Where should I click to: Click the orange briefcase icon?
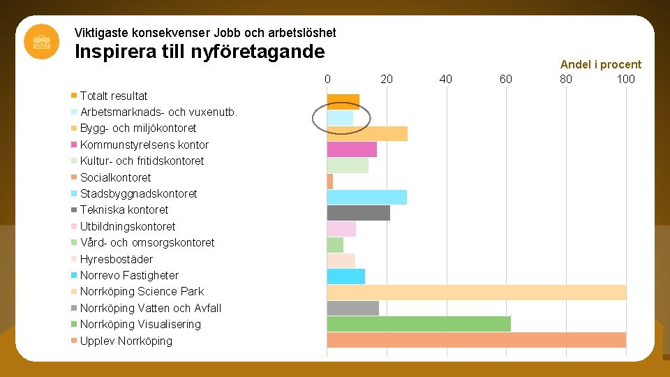(x=41, y=41)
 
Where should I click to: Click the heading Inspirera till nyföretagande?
(x=199, y=52)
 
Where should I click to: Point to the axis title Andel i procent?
(x=600, y=64)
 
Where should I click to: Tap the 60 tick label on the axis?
(x=505, y=79)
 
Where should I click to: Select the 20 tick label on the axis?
(x=387, y=79)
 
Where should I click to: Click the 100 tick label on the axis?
(x=625, y=79)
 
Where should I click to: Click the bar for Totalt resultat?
(x=343, y=101)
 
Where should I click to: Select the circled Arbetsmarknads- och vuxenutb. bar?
(x=340, y=118)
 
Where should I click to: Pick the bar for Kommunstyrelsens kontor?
(x=352, y=149)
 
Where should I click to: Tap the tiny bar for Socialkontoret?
(x=330, y=182)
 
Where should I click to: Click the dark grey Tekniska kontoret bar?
(x=358, y=213)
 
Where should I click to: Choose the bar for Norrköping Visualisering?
(x=419, y=324)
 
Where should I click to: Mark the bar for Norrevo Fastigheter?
(x=345, y=276)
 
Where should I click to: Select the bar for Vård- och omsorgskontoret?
(x=335, y=245)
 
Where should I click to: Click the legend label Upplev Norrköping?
(x=126, y=341)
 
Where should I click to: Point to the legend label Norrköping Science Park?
(x=142, y=291)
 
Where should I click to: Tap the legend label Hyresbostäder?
(x=116, y=259)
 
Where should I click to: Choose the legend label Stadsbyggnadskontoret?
(x=138, y=193)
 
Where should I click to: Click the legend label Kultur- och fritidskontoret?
(x=142, y=161)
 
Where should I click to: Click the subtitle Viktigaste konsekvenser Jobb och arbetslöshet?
(x=205, y=33)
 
